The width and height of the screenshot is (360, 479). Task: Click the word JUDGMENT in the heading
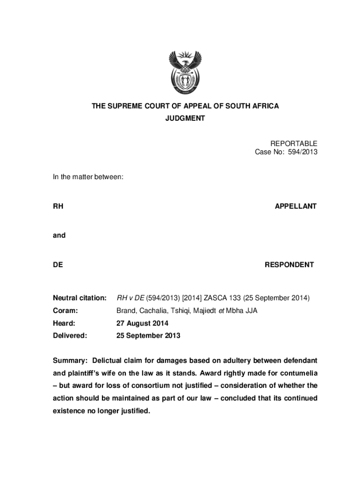click(185, 119)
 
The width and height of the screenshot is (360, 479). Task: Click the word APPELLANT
click(295, 206)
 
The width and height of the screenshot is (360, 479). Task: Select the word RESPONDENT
click(289, 265)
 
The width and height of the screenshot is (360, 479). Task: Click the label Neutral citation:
click(79, 298)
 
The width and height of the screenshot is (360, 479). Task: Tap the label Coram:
click(65, 311)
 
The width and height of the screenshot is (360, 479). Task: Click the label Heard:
click(64, 323)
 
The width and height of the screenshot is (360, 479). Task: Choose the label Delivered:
click(70, 336)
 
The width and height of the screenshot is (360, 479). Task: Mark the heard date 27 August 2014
click(142, 323)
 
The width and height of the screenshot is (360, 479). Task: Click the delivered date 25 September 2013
click(148, 336)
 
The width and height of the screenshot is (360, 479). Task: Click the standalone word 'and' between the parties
click(59, 235)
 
